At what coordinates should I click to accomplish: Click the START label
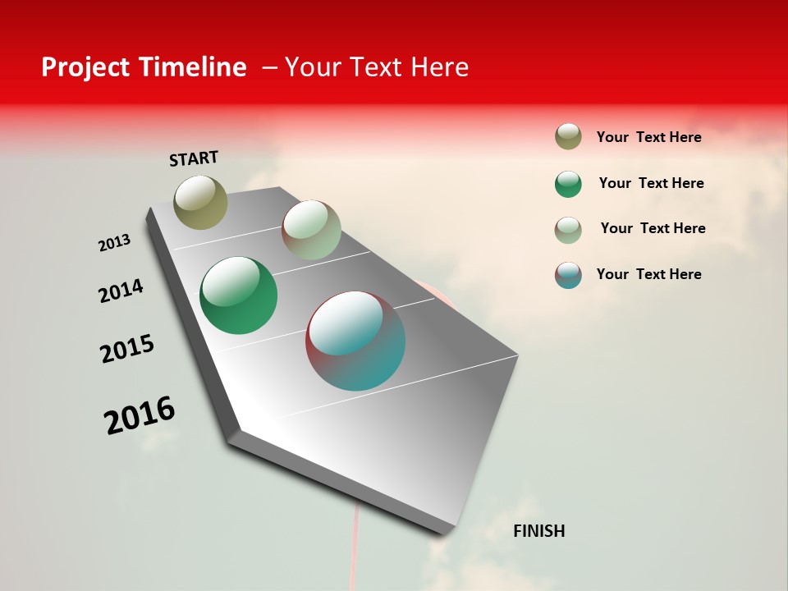coord(194,158)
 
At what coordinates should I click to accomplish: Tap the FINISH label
coord(538,531)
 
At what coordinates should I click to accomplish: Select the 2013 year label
coord(114,243)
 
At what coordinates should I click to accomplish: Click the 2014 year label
coord(121,291)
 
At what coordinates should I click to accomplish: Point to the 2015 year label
coord(127,349)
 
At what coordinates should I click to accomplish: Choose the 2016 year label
coord(140,415)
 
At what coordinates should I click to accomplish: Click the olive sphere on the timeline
coord(201,202)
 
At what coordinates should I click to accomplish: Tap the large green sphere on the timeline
coord(238,295)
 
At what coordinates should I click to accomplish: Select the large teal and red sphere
coord(355,341)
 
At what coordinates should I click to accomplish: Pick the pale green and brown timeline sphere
coord(311,230)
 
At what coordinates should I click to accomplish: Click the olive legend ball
coord(568,137)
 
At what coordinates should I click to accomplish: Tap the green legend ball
coord(568,184)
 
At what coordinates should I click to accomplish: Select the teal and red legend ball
coord(568,275)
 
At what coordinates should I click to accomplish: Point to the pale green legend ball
coord(568,230)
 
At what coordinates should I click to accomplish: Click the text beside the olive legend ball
coord(648,137)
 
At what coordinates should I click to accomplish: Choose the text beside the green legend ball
coord(651,183)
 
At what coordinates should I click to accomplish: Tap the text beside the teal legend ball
coord(648,274)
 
